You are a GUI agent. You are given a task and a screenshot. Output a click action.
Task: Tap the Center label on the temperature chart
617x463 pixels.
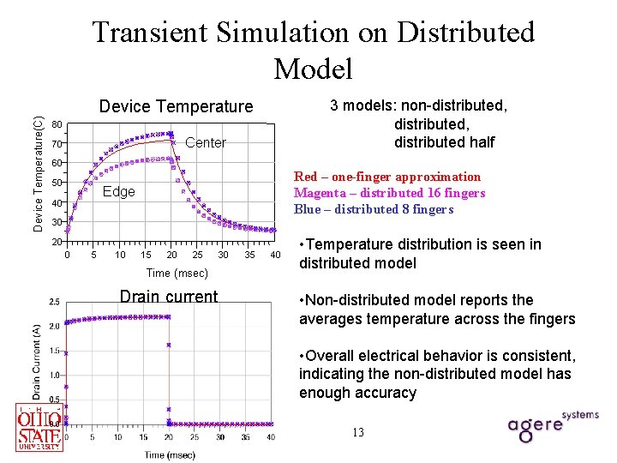(x=206, y=142)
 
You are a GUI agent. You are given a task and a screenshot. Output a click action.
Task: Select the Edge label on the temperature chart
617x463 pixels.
(x=118, y=191)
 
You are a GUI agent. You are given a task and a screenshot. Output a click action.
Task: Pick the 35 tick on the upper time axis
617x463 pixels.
(x=249, y=255)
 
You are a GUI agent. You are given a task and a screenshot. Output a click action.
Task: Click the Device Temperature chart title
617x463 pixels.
(x=177, y=106)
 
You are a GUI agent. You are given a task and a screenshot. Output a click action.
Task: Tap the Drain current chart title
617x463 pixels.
(x=169, y=297)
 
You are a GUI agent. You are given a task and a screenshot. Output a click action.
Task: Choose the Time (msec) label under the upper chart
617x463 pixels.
(x=177, y=273)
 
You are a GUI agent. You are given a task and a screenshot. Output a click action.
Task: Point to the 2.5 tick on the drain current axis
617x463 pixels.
(x=54, y=302)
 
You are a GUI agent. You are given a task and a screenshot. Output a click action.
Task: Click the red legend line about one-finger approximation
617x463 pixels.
(x=387, y=177)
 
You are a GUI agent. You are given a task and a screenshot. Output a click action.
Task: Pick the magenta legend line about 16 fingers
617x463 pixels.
(x=389, y=193)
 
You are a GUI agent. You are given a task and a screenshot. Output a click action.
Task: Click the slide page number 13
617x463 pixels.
(x=357, y=432)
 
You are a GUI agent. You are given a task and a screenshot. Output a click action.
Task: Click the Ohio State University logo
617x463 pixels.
(x=40, y=427)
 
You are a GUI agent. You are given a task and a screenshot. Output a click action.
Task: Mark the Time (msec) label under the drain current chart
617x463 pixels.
(x=169, y=454)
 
